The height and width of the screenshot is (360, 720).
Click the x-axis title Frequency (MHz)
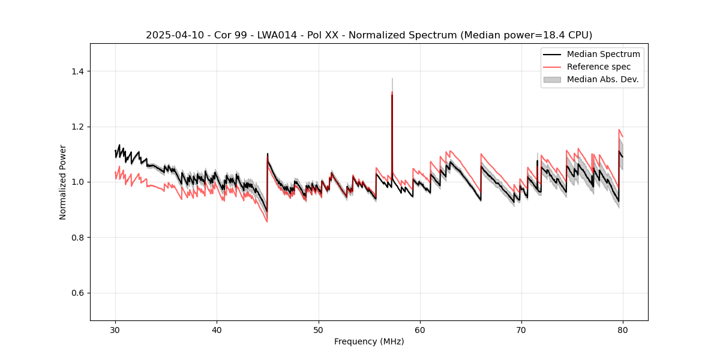[x=369, y=341]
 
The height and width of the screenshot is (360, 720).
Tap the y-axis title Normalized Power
[x=63, y=182]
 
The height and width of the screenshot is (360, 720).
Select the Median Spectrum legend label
[x=603, y=54]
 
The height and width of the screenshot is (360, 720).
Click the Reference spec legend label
[x=599, y=67]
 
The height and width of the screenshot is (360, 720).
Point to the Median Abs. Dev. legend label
[x=603, y=79]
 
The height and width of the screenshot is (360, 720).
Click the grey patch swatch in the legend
[x=552, y=79]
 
